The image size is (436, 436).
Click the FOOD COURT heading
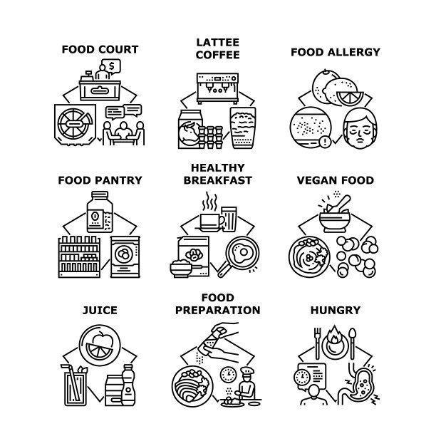[99, 49]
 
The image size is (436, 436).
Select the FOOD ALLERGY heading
[335, 51]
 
